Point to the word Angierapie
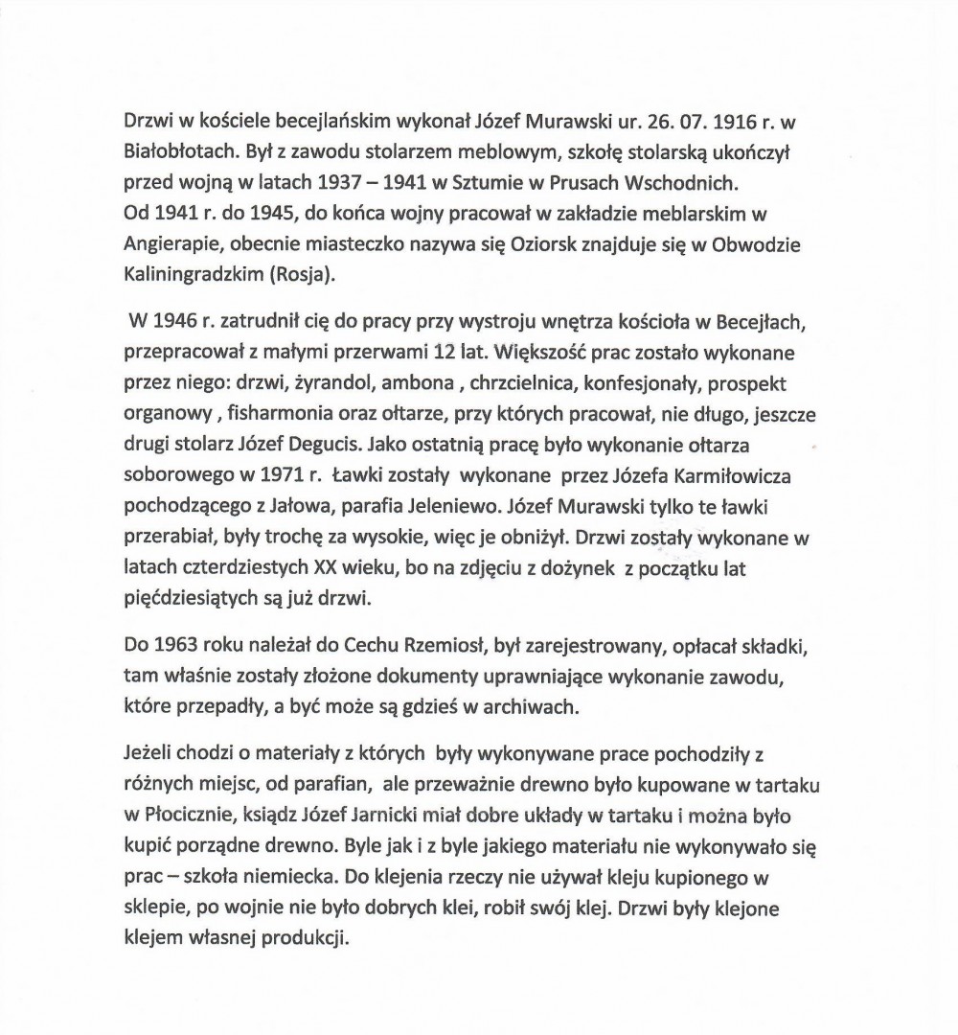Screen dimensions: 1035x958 169,243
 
